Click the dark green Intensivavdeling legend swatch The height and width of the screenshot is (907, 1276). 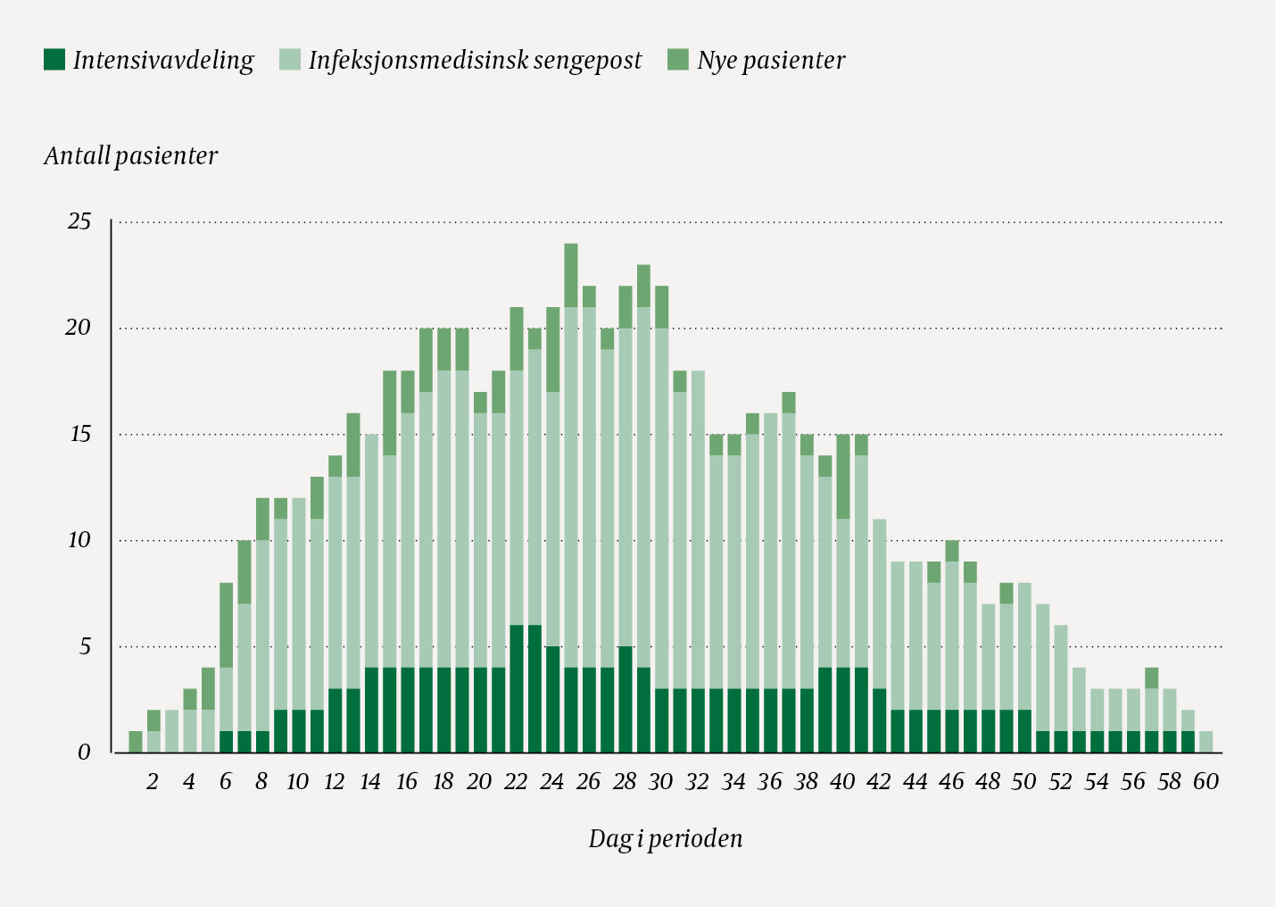click(x=54, y=60)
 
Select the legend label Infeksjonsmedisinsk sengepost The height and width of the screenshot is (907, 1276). click(x=475, y=60)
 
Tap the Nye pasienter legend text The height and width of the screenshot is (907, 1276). click(x=771, y=60)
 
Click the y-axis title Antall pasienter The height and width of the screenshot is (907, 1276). click(x=130, y=156)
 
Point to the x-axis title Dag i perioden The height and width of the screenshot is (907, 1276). click(x=665, y=839)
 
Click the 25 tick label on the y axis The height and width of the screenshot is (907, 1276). click(x=79, y=221)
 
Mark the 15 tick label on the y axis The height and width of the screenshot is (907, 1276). click(x=79, y=435)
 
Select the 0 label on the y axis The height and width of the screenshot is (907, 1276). click(x=84, y=753)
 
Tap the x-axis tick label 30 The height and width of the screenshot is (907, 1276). click(x=660, y=782)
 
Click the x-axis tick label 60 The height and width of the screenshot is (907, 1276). click(x=1206, y=782)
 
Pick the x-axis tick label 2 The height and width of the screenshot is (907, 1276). click(x=153, y=782)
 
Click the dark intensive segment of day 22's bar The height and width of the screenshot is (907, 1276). click(x=517, y=688)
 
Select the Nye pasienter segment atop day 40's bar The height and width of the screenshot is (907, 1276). click(x=843, y=477)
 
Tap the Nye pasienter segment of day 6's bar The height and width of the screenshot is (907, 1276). click(x=227, y=625)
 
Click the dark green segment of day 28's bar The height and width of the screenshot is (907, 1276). click(x=626, y=699)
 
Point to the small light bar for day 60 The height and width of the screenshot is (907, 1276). click(x=1206, y=742)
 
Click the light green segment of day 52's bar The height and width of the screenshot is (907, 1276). click(x=1061, y=678)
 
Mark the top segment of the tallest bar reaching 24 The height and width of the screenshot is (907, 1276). click(x=571, y=275)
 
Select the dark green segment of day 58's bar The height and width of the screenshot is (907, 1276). click(x=1170, y=742)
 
